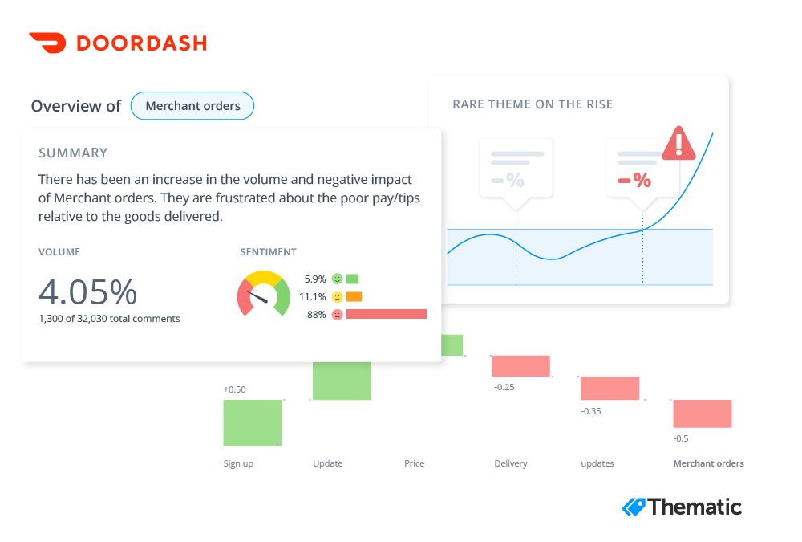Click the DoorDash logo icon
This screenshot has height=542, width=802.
tap(47, 43)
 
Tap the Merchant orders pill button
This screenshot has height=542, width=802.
tap(192, 106)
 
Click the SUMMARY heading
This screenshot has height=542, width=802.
tap(73, 153)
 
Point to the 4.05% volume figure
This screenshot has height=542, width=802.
tap(87, 292)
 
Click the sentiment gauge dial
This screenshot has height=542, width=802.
tap(263, 295)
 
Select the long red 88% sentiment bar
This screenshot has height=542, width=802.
tap(386, 314)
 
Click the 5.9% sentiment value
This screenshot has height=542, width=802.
tap(315, 279)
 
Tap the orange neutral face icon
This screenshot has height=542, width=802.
tap(337, 297)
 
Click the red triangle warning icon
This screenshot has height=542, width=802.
tap(678, 143)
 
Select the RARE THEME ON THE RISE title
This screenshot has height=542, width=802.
tap(533, 104)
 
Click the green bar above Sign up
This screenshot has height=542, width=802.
tap(253, 422)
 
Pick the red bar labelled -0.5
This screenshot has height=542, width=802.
tap(703, 414)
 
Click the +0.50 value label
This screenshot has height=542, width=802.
tap(234, 389)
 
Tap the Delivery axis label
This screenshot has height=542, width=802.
tap(511, 463)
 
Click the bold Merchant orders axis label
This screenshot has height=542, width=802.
tap(708, 463)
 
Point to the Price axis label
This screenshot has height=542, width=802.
tap(415, 463)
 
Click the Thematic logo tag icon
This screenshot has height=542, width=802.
tap(634, 507)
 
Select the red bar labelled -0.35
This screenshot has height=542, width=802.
tap(610, 389)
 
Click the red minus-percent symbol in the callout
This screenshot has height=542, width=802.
tap(634, 181)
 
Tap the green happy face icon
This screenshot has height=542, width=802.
tap(337, 279)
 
